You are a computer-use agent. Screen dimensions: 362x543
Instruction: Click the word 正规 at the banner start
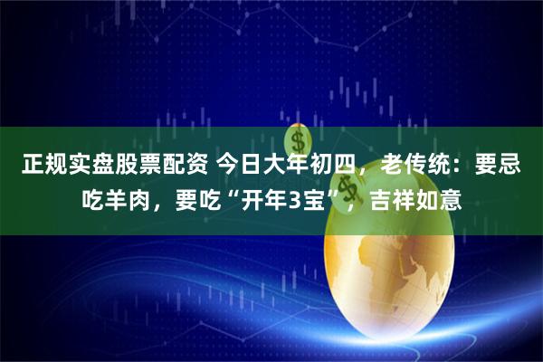coord(44,167)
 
